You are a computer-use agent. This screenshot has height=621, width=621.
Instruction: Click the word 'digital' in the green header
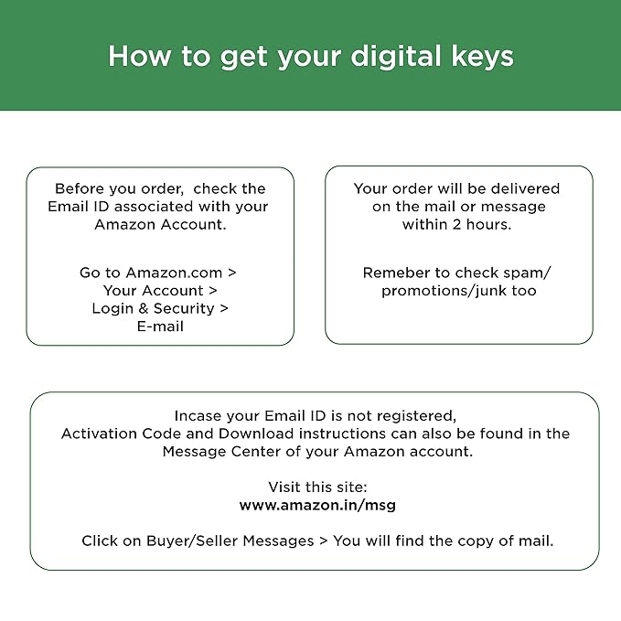coord(396,57)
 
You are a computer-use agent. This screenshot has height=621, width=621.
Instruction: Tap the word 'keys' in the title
coord(482,57)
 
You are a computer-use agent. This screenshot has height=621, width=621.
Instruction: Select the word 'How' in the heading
coord(140,56)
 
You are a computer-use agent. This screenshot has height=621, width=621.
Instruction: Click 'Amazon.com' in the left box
coord(174,273)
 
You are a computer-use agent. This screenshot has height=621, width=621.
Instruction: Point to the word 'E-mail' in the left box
coord(160,327)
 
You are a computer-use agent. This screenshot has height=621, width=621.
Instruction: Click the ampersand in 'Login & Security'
coord(143,308)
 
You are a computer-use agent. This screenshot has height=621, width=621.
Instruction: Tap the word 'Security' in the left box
coord(184,308)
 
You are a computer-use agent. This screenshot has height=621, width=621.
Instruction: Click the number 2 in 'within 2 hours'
coord(456,225)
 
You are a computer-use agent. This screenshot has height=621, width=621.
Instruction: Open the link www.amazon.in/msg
coord(317,506)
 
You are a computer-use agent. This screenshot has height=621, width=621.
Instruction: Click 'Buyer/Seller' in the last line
coord(190,541)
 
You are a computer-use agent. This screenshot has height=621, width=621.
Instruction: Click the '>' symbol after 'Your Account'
coord(213,291)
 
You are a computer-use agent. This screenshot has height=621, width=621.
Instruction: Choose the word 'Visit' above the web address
coord(281,487)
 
